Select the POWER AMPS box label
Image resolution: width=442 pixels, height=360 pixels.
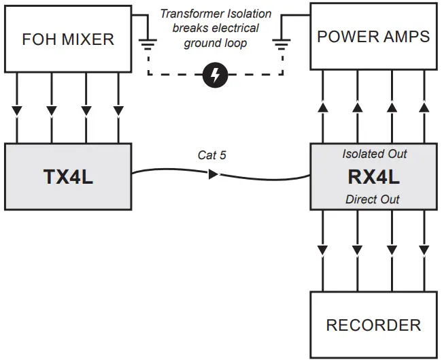pos(373,36)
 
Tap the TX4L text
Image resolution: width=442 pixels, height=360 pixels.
pos(68,178)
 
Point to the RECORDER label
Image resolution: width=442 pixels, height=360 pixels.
pos(373,325)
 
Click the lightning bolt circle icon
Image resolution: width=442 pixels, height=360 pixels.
pos(216,76)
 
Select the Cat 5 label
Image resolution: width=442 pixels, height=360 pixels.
pos(211,155)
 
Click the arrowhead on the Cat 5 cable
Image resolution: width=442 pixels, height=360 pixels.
pos(213,175)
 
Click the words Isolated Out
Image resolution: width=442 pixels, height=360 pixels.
pos(374,154)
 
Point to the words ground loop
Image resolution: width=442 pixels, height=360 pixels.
pos(216,42)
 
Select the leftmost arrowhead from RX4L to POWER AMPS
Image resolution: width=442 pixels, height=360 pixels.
pos(323,107)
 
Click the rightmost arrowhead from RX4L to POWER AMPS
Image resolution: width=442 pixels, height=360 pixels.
pos(424,107)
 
